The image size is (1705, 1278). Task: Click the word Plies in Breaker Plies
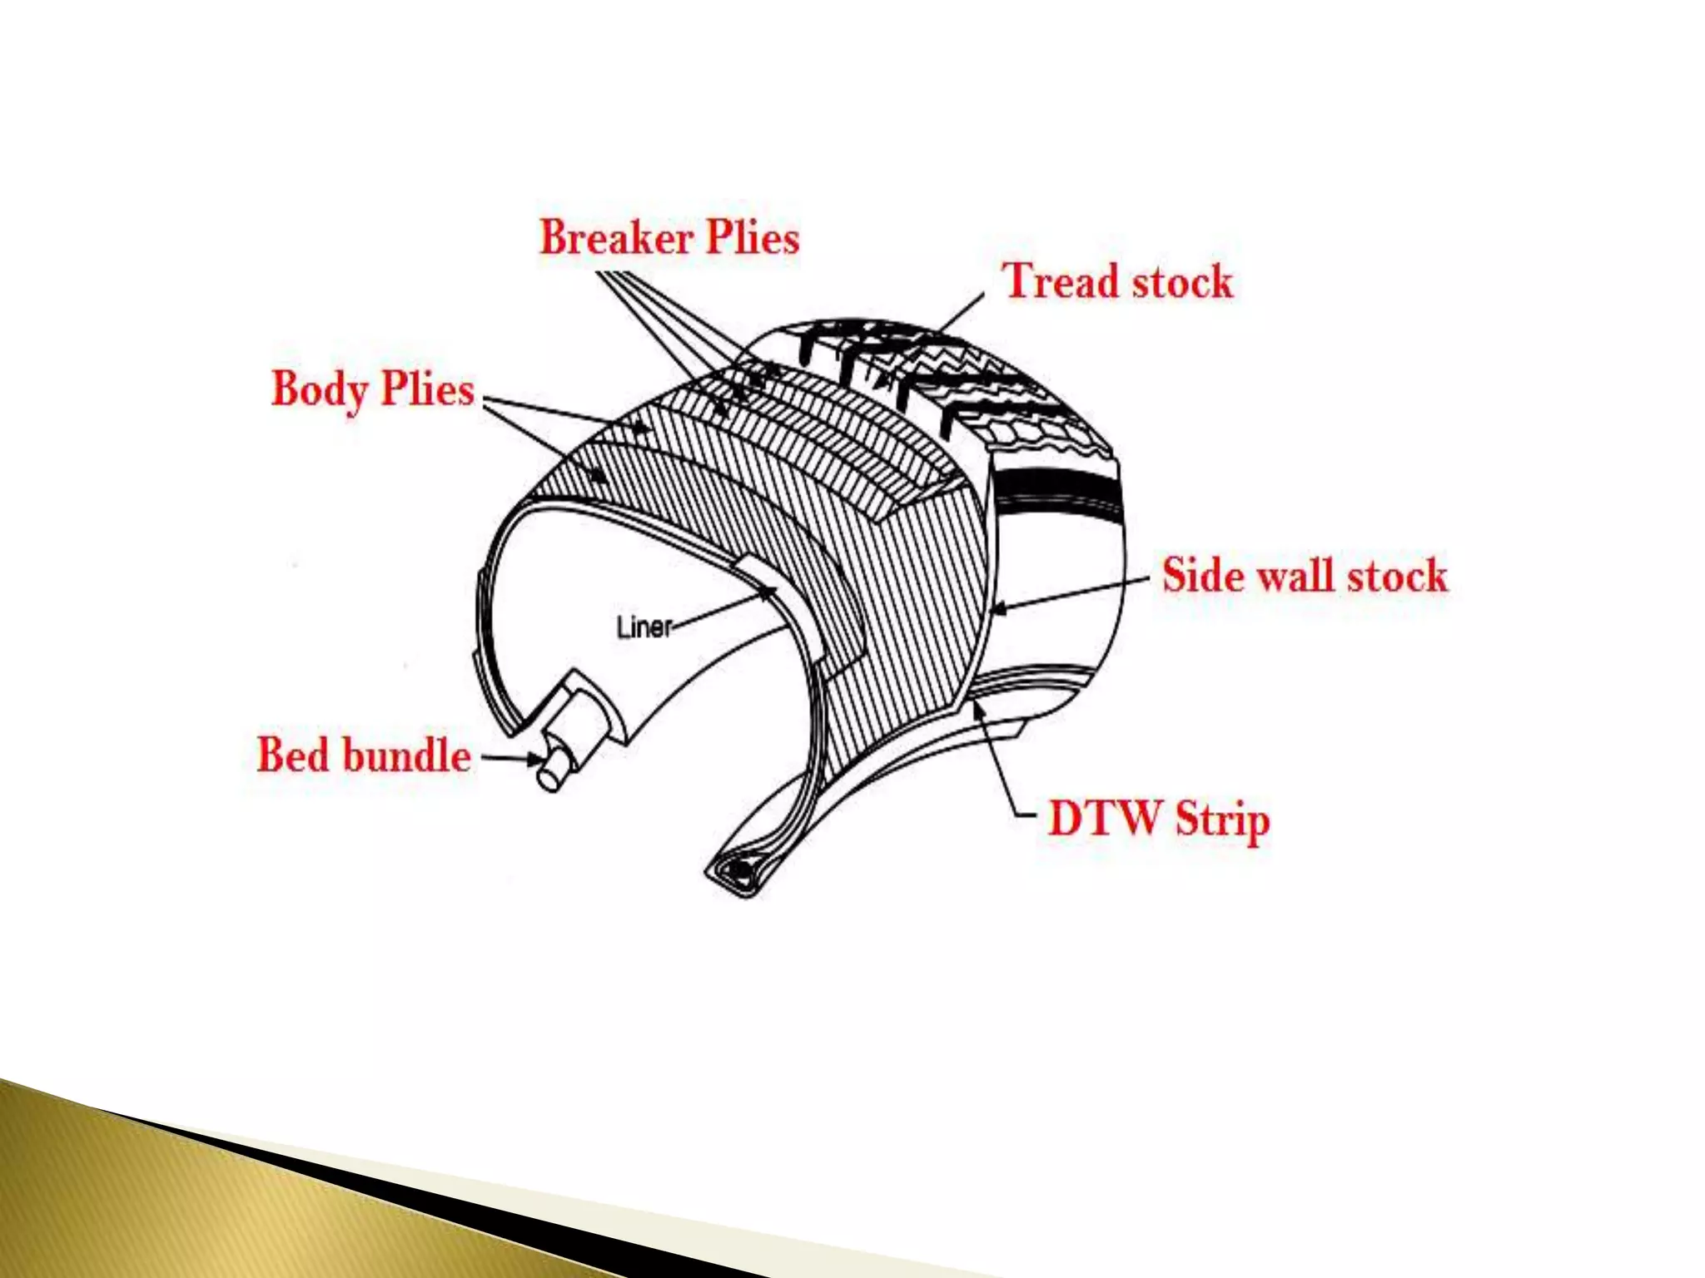click(753, 237)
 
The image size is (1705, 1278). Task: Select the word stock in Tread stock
click(1182, 281)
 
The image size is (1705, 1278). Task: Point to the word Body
click(320, 389)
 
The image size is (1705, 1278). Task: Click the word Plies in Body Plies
click(427, 389)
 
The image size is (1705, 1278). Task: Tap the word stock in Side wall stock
click(1398, 576)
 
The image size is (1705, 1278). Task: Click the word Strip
click(1223, 820)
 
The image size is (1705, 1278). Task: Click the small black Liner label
click(644, 627)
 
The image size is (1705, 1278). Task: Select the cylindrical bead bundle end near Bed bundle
click(551, 775)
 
